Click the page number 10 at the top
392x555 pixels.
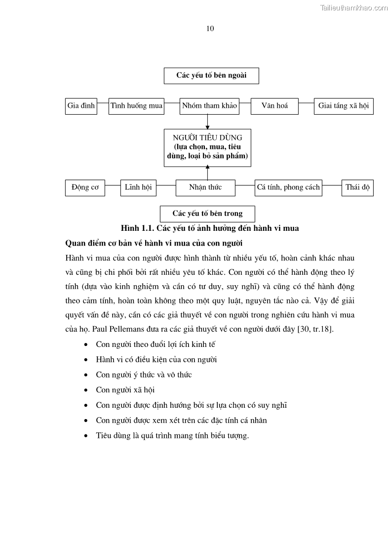pyautogui.click(x=210, y=29)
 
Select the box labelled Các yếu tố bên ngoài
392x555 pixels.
pyautogui.click(x=211, y=76)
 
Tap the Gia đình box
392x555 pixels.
pyautogui.click(x=81, y=106)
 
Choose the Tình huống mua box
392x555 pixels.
pyautogui.click(x=136, y=106)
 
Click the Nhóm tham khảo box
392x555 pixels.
pyautogui.click(x=209, y=106)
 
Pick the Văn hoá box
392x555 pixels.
pyautogui.click(x=274, y=106)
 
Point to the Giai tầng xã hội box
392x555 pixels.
pyautogui.click(x=344, y=106)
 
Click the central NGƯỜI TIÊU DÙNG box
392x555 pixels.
pyautogui.click(x=207, y=147)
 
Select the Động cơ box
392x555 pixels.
pyautogui.click(x=85, y=187)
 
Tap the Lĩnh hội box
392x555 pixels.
pyautogui.click(x=138, y=187)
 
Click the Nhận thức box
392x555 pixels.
pyautogui.click(x=205, y=187)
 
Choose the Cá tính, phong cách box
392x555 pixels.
pyautogui.click(x=288, y=187)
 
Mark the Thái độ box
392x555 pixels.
pyautogui.click(x=357, y=187)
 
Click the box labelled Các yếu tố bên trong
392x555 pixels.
pyautogui.click(x=207, y=213)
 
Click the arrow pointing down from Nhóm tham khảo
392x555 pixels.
pyautogui.click(x=207, y=122)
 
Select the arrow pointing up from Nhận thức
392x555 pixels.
pyautogui.click(x=207, y=172)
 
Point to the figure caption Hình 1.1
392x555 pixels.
pyautogui.click(x=210, y=228)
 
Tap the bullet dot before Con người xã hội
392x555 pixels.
pyautogui.click(x=87, y=390)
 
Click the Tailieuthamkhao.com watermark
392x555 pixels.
pyautogui.click(x=354, y=7)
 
